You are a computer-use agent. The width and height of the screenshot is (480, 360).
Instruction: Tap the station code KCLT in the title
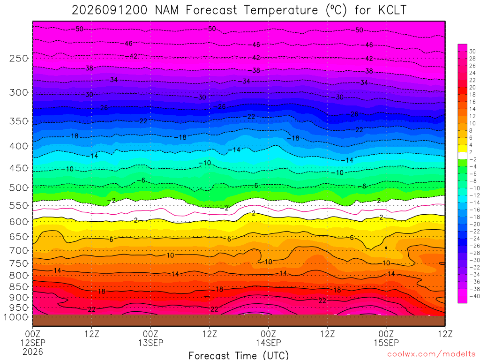click(392, 10)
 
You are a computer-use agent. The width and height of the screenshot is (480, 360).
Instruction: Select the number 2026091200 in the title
click(109, 10)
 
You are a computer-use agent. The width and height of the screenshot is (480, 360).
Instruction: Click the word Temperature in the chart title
click(281, 10)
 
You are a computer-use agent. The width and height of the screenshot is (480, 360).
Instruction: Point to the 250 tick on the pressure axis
click(19, 58)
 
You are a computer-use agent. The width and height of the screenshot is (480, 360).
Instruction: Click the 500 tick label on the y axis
click(19, 187)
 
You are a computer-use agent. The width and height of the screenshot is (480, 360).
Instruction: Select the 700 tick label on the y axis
click(19, 251)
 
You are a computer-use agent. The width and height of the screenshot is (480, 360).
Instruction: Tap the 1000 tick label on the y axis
click(16, 317)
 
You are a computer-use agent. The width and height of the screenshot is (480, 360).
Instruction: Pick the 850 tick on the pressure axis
click(19, 287)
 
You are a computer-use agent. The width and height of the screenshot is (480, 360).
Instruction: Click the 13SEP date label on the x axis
click(150, 343)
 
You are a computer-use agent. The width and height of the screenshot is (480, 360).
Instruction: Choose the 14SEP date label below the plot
click(269, 343)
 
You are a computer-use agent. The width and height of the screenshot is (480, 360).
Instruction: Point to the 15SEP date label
click(386, 343)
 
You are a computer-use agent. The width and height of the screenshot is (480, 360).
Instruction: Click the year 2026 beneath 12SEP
click(33, 352)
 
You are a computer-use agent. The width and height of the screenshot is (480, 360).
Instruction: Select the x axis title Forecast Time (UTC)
click(239, 355)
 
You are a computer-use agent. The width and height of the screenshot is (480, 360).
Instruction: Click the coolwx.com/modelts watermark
click(431, 354)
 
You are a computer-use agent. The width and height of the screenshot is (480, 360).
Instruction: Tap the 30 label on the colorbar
click(472, 52)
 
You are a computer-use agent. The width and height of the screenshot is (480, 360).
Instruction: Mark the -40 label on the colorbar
click(474, 296)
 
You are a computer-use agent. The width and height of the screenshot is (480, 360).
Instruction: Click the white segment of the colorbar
click(462, 156)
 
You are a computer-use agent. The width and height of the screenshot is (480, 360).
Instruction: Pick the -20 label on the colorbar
click(474, 224)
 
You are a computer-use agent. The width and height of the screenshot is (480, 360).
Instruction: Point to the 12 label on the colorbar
click(472, 116)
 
